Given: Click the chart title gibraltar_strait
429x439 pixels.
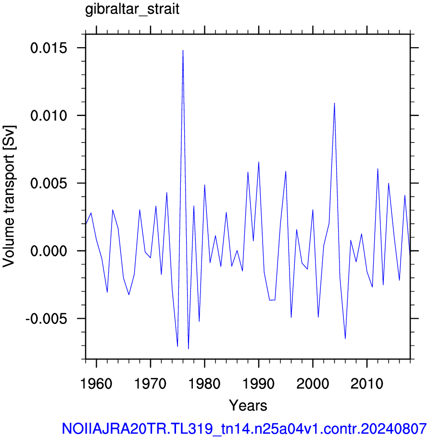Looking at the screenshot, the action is click(132, 10).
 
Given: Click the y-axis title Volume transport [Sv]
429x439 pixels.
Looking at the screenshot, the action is click(9, 196).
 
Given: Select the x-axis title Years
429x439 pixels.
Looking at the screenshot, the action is click(248, 405).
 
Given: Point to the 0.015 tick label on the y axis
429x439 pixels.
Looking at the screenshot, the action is click(49, 48).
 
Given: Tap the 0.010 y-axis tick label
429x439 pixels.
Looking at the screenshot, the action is click(49, 116).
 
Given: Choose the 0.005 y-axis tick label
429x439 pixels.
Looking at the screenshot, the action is click(49, 183).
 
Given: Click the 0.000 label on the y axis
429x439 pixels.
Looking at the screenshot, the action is click(49, 251).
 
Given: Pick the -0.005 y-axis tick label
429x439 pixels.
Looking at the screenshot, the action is click(47, 319).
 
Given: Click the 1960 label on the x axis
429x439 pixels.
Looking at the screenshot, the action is click(96, 383).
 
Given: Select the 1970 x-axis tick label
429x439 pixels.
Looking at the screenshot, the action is click(151, 383).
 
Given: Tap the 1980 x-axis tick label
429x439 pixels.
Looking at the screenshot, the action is click(204, 383).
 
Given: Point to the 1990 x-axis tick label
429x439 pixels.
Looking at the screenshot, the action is click(259, 383).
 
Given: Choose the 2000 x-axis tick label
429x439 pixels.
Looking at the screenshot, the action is click(313, 383).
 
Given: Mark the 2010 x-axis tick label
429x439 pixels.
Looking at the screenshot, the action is click(367, 383).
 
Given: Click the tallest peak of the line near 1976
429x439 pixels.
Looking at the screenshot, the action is click(183, 51).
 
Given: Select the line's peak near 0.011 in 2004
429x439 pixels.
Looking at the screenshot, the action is click(334, 103).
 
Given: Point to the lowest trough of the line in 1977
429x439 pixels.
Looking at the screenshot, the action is click(188, 349).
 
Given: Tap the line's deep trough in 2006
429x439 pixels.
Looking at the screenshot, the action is click(345, 339).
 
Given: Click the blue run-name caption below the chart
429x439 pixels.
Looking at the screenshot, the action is click(244, 428).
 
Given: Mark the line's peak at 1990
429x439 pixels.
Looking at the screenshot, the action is click(259, 162).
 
